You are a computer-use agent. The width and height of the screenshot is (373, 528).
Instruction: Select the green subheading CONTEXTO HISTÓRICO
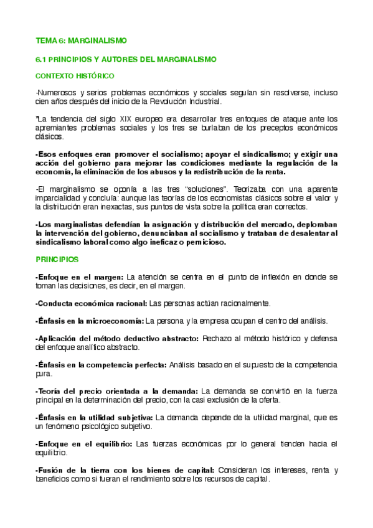tap(75, 75)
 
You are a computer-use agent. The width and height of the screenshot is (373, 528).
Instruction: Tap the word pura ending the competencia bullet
tap(42, 374)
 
